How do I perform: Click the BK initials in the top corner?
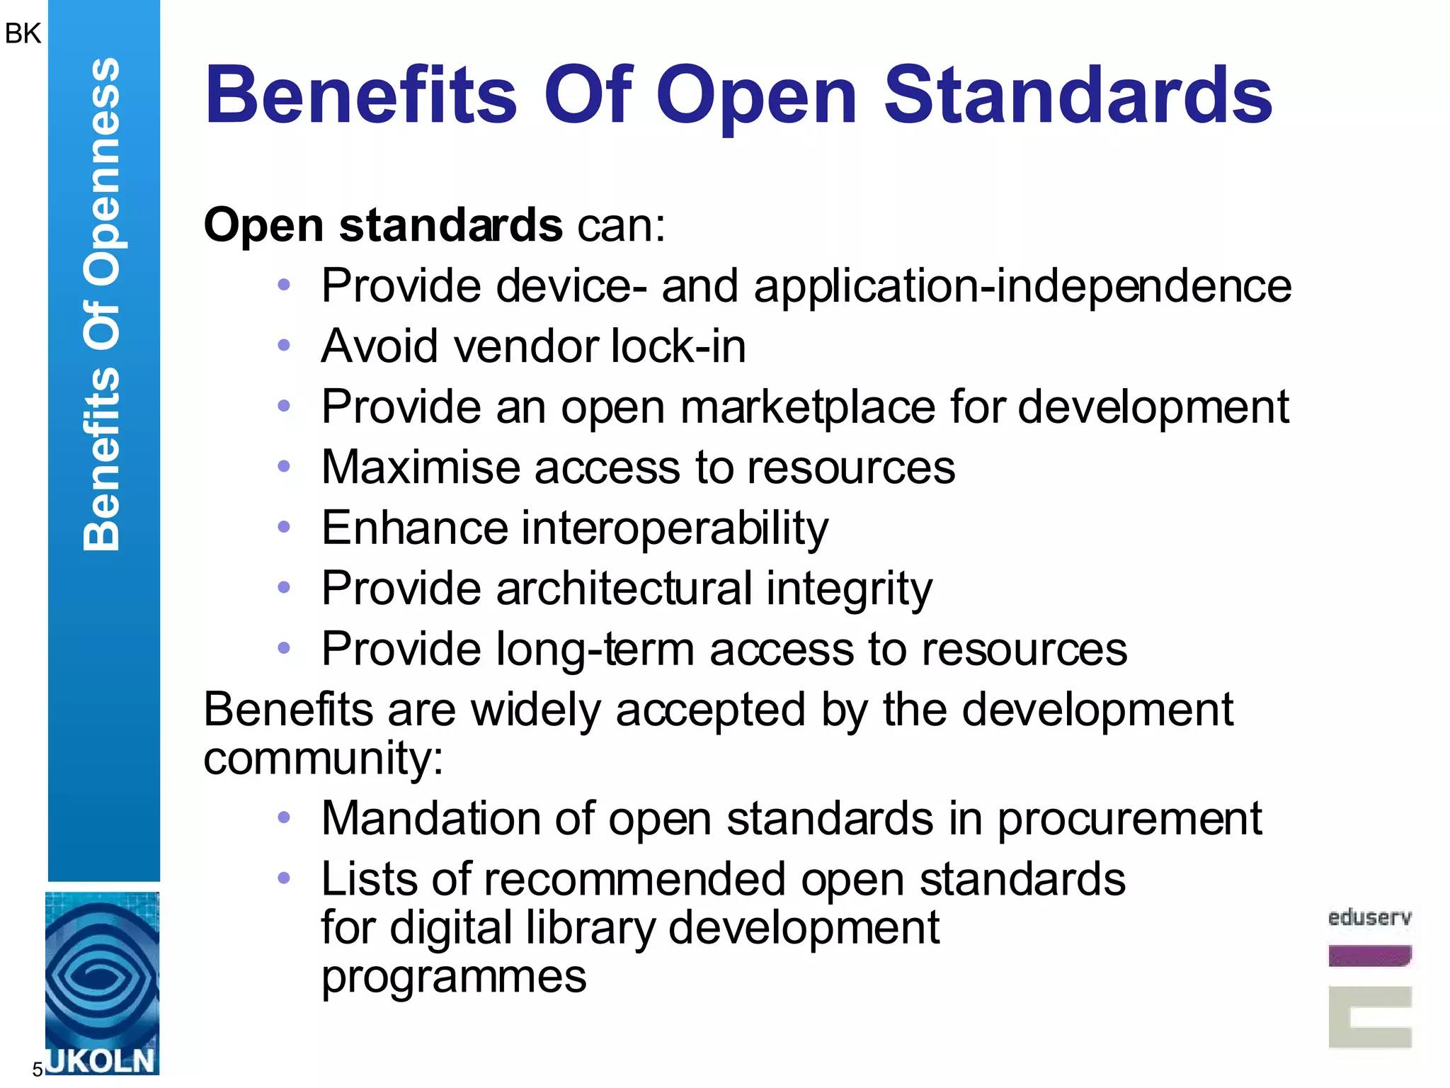click(23, 33)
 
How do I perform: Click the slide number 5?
click(38, 1069)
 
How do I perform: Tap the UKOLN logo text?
click(101, 1061)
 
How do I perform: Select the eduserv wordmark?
click(1369, 918)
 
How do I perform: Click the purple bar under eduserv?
click(1369, 956)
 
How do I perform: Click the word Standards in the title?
click(1078, 95)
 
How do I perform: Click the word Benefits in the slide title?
click(361, 95)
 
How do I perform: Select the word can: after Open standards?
click(622, 226)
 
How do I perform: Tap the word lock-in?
click(678, 346)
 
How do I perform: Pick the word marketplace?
click(808, 408)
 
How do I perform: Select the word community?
click(324, 759)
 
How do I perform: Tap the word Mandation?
click(430, 819)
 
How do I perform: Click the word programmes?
click(454, 977)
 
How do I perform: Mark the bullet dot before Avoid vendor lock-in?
click(284, 346)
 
